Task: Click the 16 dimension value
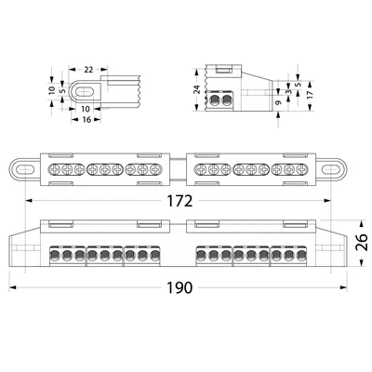pyautogui.click(x=85, y=120)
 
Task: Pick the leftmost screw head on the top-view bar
pyautogui.click(x=55, y=170)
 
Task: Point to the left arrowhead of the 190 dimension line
pyautogui.click(x=14, y=287)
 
